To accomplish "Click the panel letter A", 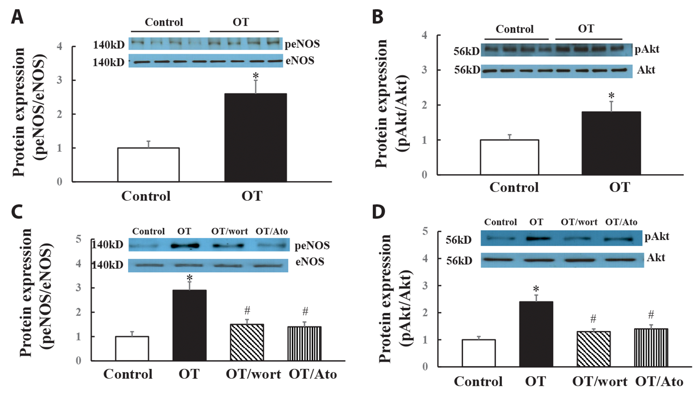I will pyautogui.click(x=17, y=17).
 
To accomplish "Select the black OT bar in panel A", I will pyautogui.click(x=256, y=137).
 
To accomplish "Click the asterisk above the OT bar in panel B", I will pyautogui.click(x=611, y=96).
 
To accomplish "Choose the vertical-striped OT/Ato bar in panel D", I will pyautogui.click(x=651, y=348).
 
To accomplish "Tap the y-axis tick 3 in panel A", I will pyautogui.click(x=59, y=80).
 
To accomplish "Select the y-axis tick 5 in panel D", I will pyautogui.click(x=425, y=232).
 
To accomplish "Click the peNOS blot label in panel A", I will pyautogui.click(x=302, y=44).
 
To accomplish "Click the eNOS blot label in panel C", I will pyautogui.click(x=310, y=262).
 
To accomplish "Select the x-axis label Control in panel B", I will pyautogui.click(x=514, y=187).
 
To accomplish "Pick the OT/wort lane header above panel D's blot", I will pyautogui.click(x=579, y=222).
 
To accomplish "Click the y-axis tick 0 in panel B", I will pyautogui.click(x=425, y=175).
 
